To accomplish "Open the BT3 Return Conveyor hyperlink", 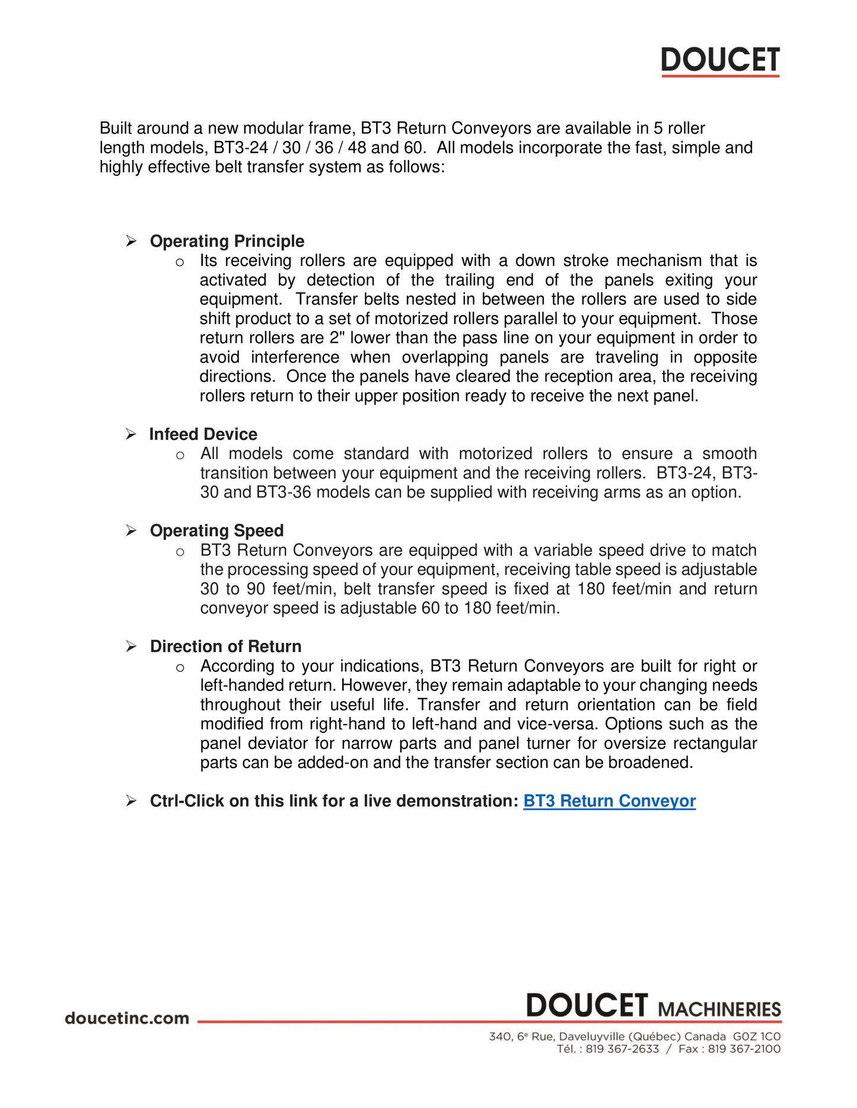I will [609, 801].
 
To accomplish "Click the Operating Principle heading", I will [227, 241].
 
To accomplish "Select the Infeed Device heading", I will [203, 434].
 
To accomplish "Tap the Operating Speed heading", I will [216, 531].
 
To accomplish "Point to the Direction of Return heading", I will [225, 646].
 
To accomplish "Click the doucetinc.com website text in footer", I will [127, 1019].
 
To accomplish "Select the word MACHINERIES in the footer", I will [719, 1010].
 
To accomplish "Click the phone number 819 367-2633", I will [622, 1049].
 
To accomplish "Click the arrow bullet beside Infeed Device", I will [131, 434].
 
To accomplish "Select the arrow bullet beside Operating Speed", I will [131, 531].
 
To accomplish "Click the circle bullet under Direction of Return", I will [180, 668].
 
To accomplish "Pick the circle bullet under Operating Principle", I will [180, 262].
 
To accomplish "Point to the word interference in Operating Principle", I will [295, 357].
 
